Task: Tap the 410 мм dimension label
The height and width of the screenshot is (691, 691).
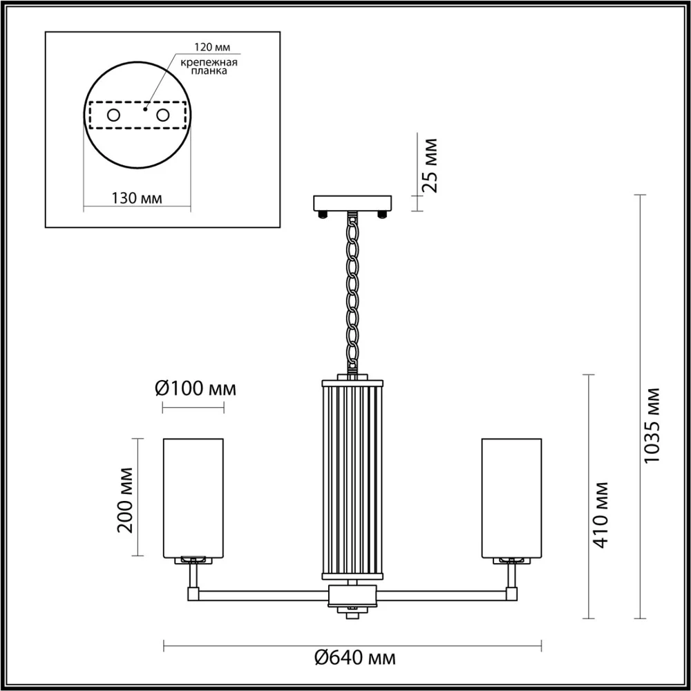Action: pyautogui.click(x=602, y=515)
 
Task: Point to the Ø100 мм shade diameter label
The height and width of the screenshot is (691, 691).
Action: pyautogui.click(x=196, y=388)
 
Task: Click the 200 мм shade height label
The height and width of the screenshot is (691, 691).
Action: pyautogui.click(x=126, y=498)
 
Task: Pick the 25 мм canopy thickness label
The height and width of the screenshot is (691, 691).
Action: pyautogui.click(x=430, y=165)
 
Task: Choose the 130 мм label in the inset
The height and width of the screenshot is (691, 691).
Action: pyautogui.click(x=136, y=198)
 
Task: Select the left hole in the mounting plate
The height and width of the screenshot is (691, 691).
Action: pyautogui.click(x=113, y=115)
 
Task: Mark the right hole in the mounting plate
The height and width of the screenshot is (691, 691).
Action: pyautogui.click(x=163, y=115)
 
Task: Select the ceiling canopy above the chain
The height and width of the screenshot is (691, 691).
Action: pyautogui.click(x=352, y=203)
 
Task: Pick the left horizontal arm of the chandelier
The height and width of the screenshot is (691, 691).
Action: pyautogui.click(x=263, y=593)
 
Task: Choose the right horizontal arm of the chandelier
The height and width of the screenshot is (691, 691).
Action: pyautogui.click(x=442, y=593)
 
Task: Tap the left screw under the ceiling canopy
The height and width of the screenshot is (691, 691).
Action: pyautogui.click(x=322, y=214)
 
